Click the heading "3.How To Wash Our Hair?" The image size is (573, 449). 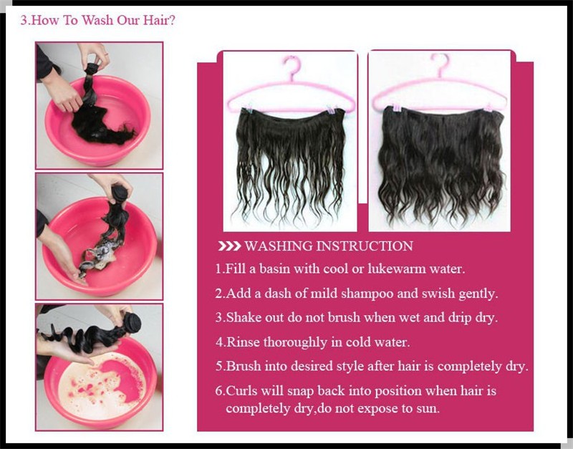pyautogui.click(x=97, y=20)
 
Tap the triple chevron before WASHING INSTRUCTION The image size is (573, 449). pyautogui.click(x=229, y=246)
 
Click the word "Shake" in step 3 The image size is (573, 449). pyautogui.click(x=244, y=317)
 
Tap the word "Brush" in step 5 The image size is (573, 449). pyautogui.click(x=243, y=366)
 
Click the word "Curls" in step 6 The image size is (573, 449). pyautogui.click(x=242, y=390)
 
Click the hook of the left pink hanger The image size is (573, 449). pyautogui.click(x=293, y=67)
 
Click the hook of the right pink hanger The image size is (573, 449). pyautogui.click(x=440, y=65)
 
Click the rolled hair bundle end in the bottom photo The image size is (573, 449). pyautogui.click(x=133, y=322)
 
